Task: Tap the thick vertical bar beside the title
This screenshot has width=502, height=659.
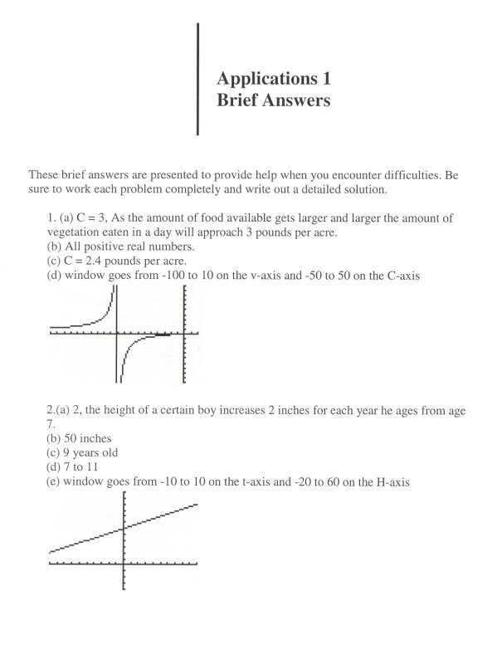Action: pyautogui.click(x=198, y=79)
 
